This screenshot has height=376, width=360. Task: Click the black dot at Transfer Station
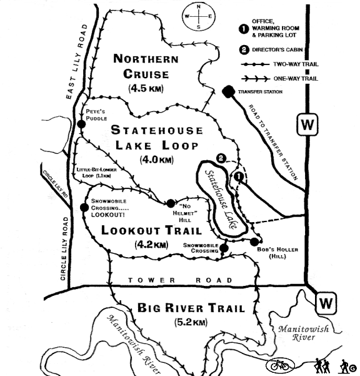(228, 91)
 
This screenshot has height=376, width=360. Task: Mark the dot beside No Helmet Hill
(170, 203)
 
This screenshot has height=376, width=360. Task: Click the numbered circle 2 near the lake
(220, 158)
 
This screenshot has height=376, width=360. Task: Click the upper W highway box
(307, 124)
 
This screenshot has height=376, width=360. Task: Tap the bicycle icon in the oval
(279, 365)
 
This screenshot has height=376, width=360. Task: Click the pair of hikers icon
(321, 365)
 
